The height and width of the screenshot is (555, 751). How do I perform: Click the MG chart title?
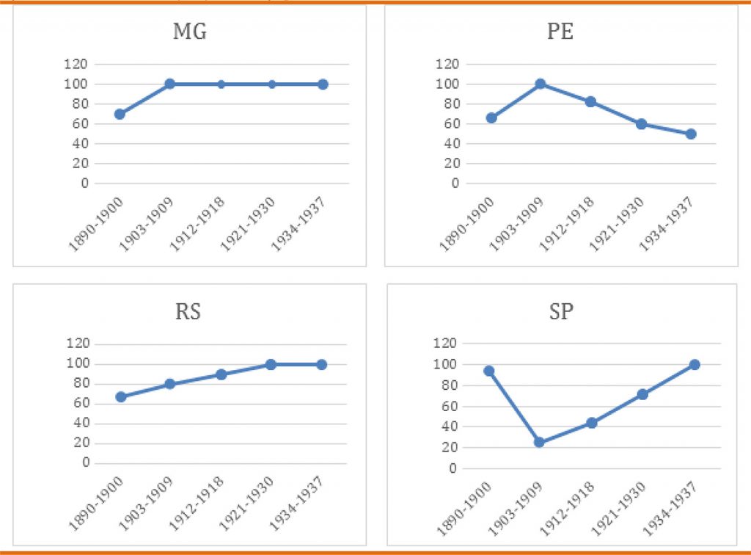pyautogui.click(x=189, y=32)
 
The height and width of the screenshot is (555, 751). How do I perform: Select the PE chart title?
pyautogui.click(x=561, y=32)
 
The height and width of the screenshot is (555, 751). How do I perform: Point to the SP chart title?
pyautogui.click(x=561, y=311)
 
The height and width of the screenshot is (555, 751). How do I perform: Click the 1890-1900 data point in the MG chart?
pyautogui.click(x=120, y=114)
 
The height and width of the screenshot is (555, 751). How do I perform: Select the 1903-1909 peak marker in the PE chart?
pyautogui.click(x=541, y=84)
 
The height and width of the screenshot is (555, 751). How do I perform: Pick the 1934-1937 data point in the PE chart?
pyautogui.click(x=691, y=134)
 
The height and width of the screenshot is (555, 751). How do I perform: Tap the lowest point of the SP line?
pyautogui.click(x=540, y=443)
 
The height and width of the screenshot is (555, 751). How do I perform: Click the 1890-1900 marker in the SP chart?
pyautogui.click(x=488, y=371)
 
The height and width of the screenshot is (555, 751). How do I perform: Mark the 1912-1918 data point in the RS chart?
pyautogui.click(x=221, y=374)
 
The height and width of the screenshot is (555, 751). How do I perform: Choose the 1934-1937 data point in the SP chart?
pyautogui.click(x=694, y=364)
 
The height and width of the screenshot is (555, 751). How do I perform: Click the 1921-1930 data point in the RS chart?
pyautogui.click(x=271, y=364)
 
